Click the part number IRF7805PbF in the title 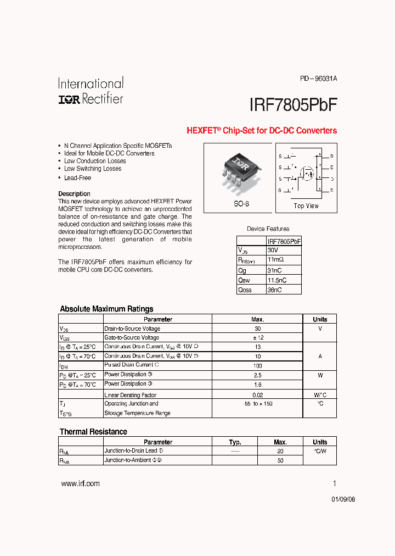[x=293, y=105]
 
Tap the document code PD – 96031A [x=318, y=79]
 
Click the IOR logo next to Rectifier [x=70, y=99]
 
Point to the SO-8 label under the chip [x=240, y=204]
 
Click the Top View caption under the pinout [x=306, y=206]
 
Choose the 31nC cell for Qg [x=274, y=270]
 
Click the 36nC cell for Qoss [x=274, y=290]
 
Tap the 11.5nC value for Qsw [x=277, y=280]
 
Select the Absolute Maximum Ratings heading [x=106, y=309]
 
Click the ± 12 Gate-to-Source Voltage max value [x=257, y=337]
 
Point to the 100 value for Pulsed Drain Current [x=257, y=365]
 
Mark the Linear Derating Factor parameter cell [x=131, y=395]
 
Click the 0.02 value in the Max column [x=257, y=395]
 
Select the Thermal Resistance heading [x=93, y=432]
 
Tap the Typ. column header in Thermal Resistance [x=235, y=442]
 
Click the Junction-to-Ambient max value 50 [x=280, y=460]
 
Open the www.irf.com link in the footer [x=80, y=483]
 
